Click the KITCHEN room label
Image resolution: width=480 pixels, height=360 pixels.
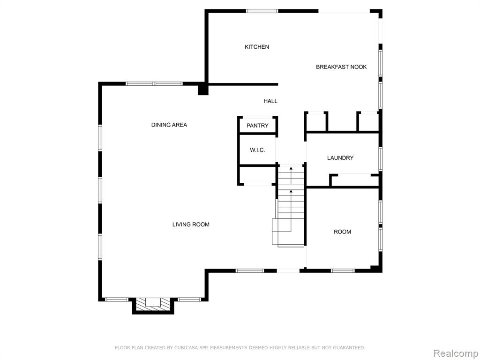coord(257,47)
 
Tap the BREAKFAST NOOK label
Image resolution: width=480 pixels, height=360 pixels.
coord(341,67)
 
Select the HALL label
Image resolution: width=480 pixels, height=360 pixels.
coord(270,101)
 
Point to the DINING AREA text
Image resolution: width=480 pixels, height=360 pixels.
coord(169,125)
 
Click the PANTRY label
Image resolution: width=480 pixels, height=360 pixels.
coord(257,126)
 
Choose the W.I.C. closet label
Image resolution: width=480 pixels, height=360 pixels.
coord(257,150)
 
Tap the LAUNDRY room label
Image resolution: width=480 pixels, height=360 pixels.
coord(340,158)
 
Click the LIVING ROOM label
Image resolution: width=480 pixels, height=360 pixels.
coord(191,225)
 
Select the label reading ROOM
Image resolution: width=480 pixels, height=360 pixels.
coord(342,232)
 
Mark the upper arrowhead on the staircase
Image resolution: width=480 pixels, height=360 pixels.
coord(291,168)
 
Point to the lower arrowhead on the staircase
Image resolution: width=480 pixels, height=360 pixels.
coord(291,191)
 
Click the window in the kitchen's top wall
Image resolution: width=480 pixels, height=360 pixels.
coord(262,11)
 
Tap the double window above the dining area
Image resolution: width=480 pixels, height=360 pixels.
coord(154,83)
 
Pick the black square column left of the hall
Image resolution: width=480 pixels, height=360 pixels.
coord(203,90)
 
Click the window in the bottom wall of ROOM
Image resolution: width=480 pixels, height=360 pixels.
coord(343,270)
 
